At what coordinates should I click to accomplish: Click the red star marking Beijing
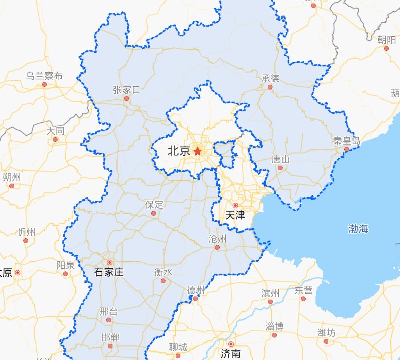point(197,151)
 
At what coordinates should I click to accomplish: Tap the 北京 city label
point(178,151)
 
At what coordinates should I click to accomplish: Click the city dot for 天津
point(235,205)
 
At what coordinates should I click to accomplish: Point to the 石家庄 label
point(109,273)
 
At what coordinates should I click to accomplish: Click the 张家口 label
point(126,90)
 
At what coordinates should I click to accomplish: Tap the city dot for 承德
point(270,87)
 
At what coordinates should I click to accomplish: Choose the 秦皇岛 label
point(346,141)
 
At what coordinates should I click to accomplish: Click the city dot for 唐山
point(280,168)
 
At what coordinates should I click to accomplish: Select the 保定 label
point(154,205)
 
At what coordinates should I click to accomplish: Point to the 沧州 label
point(217,239)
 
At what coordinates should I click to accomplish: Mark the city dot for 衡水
point(163,281)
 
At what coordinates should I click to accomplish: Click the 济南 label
point(231,354)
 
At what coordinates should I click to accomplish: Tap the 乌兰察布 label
point(45,76)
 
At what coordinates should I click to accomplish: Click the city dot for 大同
point(56,140)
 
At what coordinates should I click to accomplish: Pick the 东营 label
point(303,290)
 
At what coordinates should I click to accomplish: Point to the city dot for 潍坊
point(326,342)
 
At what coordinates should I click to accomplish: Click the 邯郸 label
point(110,337)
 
